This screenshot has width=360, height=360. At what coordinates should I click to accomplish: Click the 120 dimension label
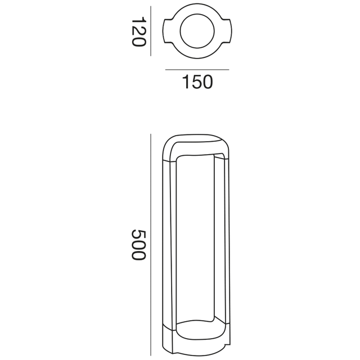pos(138,31)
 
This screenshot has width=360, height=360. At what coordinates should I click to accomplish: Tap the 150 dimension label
pos(197,82)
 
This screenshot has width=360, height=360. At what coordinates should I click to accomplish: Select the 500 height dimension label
pos(138,245)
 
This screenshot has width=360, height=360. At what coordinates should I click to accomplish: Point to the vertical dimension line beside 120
pos(151,31)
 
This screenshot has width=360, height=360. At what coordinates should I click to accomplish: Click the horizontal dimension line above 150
pos(197,70)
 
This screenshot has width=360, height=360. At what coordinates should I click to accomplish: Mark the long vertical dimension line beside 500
pos(151,245)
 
